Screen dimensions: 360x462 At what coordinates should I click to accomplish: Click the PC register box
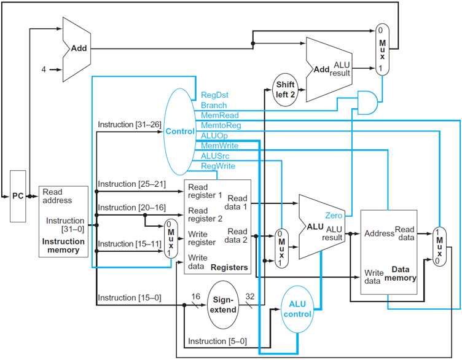tap(18, 196)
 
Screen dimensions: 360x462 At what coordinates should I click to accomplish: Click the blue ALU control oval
tap(298, 309)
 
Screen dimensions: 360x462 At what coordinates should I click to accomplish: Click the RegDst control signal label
tap(214, 96)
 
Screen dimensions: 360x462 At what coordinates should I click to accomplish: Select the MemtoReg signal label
tap(221, 125)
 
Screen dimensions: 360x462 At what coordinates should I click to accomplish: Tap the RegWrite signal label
tap(218, 166)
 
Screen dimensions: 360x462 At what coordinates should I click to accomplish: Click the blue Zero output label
tap(334, 216)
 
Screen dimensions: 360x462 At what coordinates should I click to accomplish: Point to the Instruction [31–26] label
tap(129, 125)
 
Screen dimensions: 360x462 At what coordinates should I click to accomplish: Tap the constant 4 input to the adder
tap(44, 69)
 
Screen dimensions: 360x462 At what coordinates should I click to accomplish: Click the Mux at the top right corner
tap(383, 49)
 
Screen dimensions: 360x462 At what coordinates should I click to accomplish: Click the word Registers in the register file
tap(229, 267)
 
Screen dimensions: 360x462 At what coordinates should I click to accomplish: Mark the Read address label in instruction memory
tap(57, 196)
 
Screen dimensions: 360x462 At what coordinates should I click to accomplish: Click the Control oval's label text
tap(179, 131)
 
